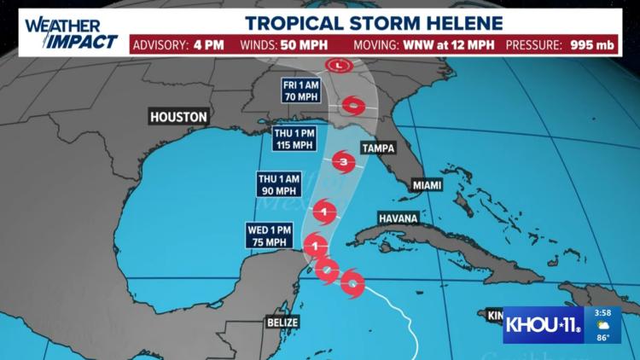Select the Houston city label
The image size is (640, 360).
(177, 116)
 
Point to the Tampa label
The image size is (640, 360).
(379, 148)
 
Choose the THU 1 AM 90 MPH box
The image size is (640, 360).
(277, 184)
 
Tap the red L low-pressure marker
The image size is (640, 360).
(340, 65)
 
